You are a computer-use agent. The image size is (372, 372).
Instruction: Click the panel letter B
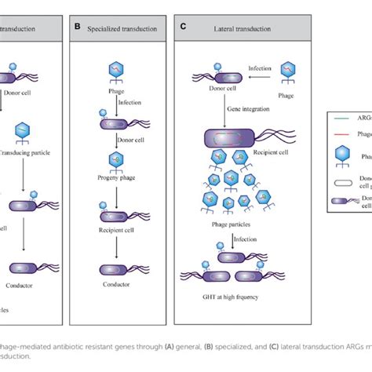78,26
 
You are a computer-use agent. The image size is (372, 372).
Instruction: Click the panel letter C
183,26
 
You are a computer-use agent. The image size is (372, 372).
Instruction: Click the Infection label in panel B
129,102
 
